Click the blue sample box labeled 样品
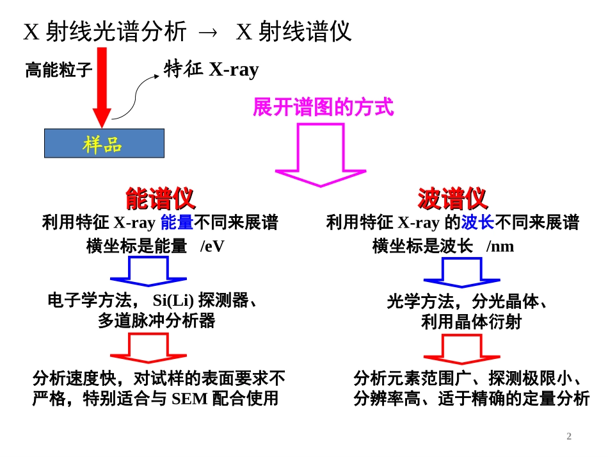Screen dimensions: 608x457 (104, 144)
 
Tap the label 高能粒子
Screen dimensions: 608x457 (59, 70)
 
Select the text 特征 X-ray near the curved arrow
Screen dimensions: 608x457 (211, 69)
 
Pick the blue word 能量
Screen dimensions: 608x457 (177, 223)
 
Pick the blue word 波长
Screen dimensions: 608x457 (477, 223)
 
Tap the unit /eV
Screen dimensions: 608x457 (212, 246)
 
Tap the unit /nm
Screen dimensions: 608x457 (500, 246)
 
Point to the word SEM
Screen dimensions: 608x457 (189, 399)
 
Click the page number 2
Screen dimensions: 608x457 (569, 436)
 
